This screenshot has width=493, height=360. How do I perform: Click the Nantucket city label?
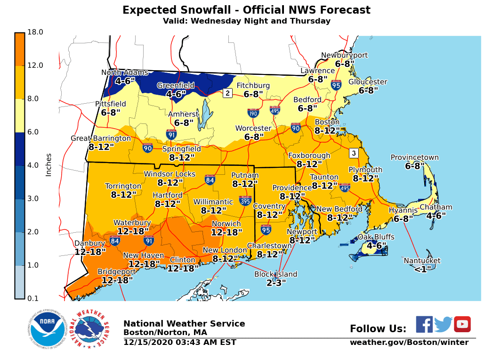tap(422, 261)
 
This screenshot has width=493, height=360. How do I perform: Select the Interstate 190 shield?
tap(253, 113)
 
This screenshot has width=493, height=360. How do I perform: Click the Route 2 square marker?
tap(227, 93)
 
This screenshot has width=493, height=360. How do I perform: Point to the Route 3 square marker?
tap(354, 153)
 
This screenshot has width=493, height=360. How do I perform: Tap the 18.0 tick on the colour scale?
tap(35, 32)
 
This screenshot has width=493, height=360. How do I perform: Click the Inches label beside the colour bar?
tap(48, 165)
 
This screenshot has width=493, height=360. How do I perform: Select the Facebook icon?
tap(424, 324)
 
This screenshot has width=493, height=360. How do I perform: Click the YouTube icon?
tap(462, 324)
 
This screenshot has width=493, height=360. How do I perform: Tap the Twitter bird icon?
tap(443, 325)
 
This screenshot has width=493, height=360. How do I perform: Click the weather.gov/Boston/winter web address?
tap(409, 342)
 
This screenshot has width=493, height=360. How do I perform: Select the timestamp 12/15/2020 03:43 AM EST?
tap(180, 343)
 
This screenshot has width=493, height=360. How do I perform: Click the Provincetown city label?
tap(414, 158)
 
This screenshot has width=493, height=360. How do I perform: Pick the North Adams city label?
tap(125, 73)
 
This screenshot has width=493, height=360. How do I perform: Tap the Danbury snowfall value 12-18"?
tap(90, 252)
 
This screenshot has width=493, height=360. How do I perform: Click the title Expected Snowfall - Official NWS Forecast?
tap(246, 10)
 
